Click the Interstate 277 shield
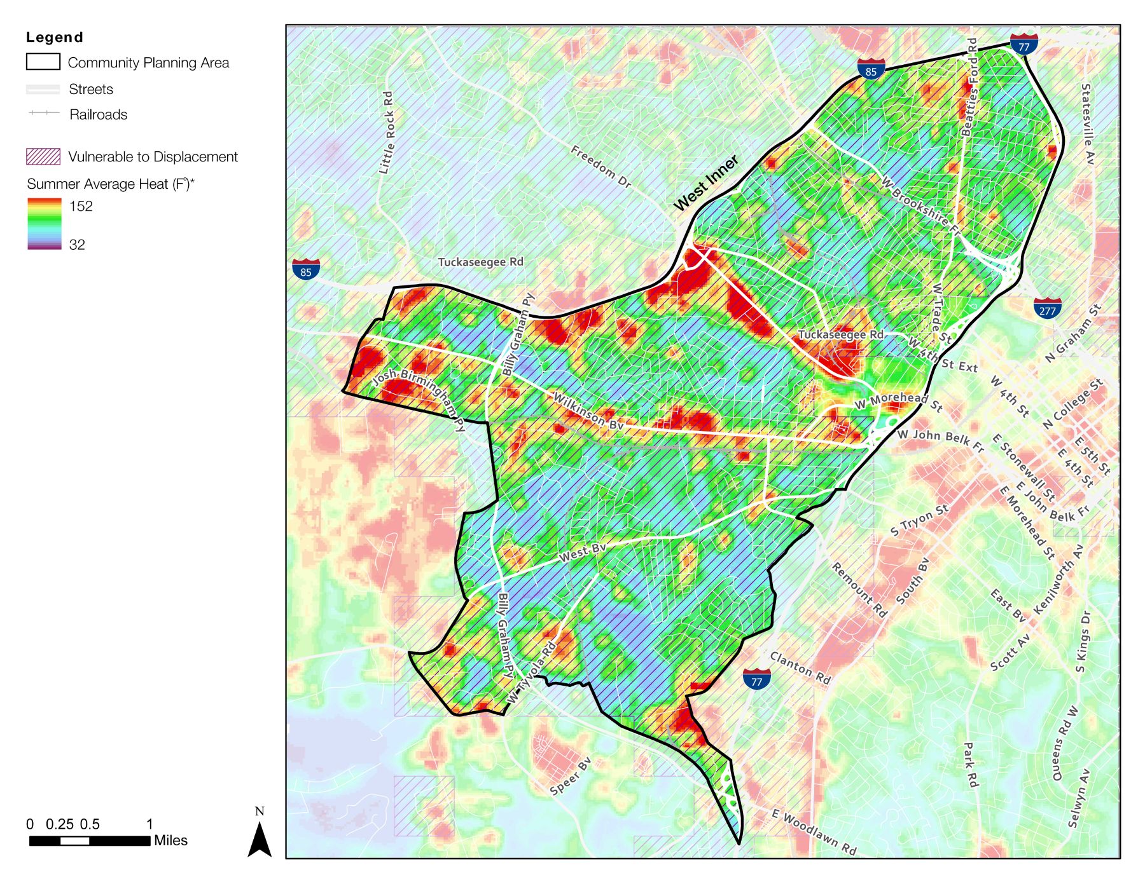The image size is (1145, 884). [1047, 308]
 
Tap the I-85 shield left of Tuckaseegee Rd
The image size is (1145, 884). [306, 269]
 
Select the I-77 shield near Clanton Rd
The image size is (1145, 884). [756, 679]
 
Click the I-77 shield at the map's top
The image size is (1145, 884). [1024, 44]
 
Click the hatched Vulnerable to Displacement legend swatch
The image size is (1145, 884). [43, 156]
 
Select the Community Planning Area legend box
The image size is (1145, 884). [43, 62]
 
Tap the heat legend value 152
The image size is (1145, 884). [81, 206]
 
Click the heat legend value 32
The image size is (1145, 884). [77, 245]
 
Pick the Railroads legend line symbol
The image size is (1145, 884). [44, 113]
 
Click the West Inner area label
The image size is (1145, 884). [705, 183]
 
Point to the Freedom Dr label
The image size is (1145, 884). [600, 167]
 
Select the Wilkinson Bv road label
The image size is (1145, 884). [587, 411]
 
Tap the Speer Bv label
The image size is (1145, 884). [571, 776]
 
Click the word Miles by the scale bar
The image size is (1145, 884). [170, 840]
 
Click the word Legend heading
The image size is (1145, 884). [54, 37]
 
